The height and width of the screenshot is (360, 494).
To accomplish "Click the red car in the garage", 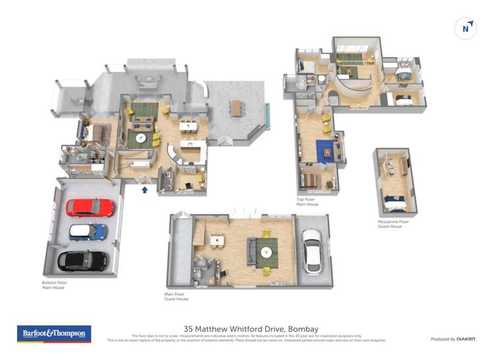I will click(x=90, y=208).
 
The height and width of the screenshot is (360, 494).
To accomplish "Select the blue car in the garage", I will click(x=88, y=232).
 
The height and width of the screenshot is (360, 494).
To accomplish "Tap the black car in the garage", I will click(x=82, y=261).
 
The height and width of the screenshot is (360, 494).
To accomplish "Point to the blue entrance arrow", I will click(x=145, y=190).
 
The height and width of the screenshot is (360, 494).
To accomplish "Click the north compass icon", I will click(x=466, y=28).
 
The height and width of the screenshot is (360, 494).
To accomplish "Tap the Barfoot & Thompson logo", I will click(x=54, y=334).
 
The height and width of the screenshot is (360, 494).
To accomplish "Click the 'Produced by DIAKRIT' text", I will click(x=454, y=339).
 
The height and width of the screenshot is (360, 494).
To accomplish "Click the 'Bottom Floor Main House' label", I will click(x=55, y=285).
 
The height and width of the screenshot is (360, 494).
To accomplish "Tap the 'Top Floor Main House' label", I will click(x=308, y=201).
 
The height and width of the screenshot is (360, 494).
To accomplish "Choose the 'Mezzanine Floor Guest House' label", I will click(x=393, y=224).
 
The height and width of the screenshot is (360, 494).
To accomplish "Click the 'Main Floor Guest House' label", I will click(x=177, y=296).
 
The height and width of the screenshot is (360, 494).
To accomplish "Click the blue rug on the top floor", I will click(x=325, y=151).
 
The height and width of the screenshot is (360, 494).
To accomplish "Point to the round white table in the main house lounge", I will click(x=141, y=138).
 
